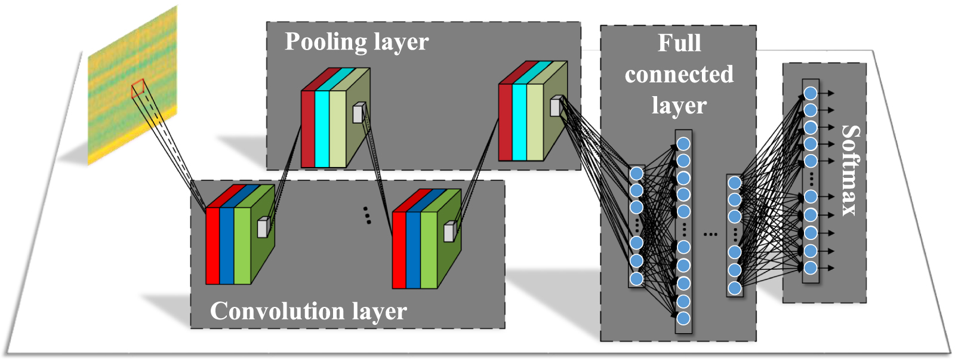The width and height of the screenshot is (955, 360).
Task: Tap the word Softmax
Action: coord(850,171)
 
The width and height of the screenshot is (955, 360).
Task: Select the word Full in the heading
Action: coord(679,44)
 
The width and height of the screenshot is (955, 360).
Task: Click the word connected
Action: coord(679,75)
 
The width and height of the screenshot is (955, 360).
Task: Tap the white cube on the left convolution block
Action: coord(263,228)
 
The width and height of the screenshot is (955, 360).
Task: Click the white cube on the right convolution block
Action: coord(449,232)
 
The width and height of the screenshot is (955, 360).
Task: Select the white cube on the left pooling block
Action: coord(358,113)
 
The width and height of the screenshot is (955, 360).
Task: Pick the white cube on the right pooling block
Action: coord(555,107)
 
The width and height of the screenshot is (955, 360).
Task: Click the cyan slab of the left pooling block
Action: coord(322,128)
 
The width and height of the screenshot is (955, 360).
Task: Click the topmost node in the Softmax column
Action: coord(810,93)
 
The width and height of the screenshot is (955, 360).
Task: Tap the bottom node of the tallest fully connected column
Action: coord(683,318)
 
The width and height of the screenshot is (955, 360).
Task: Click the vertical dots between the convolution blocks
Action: coord(367,215)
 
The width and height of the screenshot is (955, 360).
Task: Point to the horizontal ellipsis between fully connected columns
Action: coord(710,234)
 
